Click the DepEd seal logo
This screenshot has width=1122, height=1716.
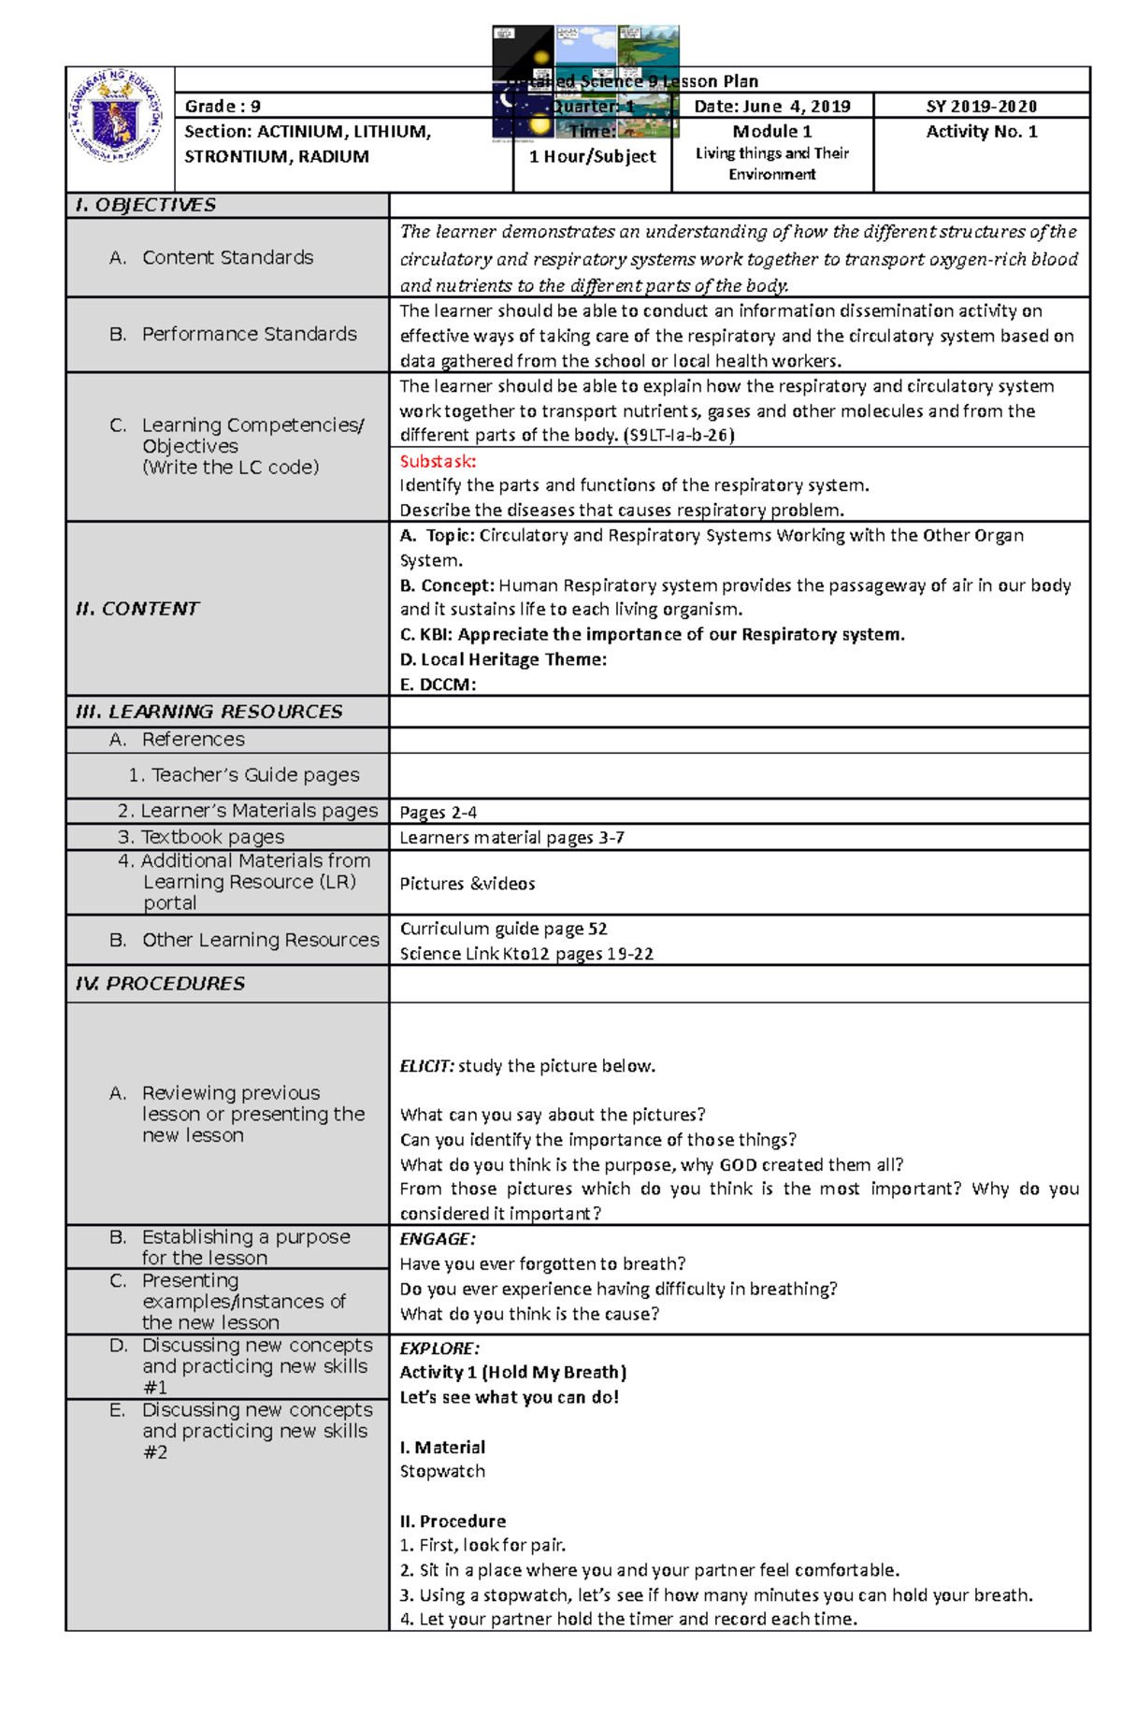117,116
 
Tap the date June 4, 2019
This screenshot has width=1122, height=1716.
772,107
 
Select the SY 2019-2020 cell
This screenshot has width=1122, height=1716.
982,107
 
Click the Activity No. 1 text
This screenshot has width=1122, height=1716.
982,132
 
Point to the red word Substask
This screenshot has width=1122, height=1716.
438,461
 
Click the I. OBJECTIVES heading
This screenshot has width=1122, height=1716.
146,205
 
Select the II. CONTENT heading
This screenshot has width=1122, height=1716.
137,609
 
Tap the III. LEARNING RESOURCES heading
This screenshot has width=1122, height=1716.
209,712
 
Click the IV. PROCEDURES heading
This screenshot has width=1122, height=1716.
161,984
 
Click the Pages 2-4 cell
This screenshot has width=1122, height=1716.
438,813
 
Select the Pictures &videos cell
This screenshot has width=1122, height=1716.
467,884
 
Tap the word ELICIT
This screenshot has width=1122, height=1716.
427,1066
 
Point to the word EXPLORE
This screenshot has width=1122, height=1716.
439,1348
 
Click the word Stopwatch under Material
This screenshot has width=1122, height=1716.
442,1471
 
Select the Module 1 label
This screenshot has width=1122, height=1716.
772,132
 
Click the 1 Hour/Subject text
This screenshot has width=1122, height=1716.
593,157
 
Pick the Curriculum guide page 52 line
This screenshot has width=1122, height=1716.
503,929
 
